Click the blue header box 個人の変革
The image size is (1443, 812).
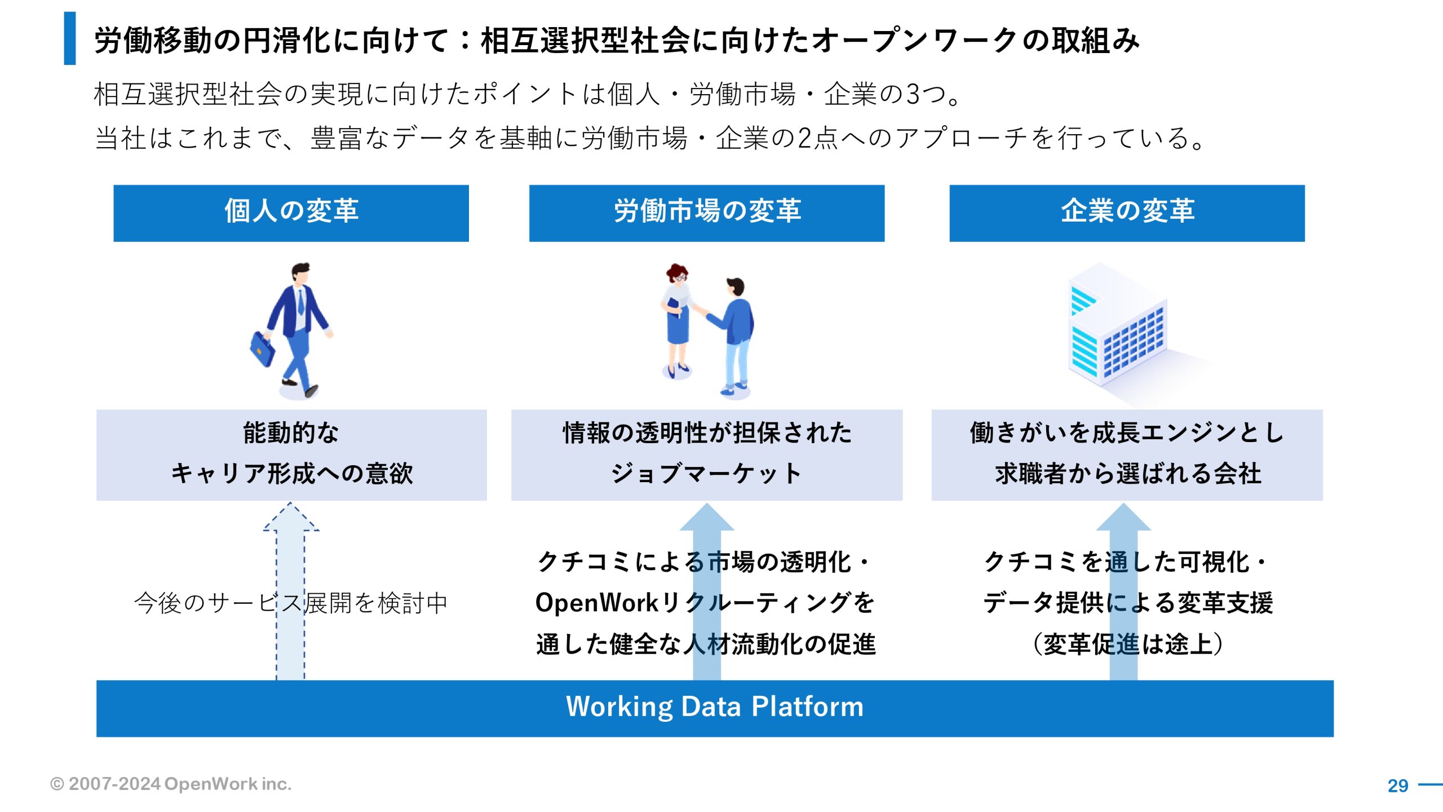click(x=291, y=213)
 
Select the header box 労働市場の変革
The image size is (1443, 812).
click(x=706, y=213)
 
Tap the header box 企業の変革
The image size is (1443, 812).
click(x=1127, y=213)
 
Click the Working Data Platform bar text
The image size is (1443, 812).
click(x=714, y=707)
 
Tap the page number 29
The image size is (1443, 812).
click(x=1397, y=785)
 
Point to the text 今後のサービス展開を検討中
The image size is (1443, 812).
click(x=291, y=603)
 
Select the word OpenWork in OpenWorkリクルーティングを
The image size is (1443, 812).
click(x=597, y=603)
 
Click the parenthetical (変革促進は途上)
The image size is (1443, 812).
click(x=1127, y=644)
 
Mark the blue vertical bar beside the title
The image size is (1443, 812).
click(x=70, y=38)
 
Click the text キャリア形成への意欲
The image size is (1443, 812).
click(x=291, y=473)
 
